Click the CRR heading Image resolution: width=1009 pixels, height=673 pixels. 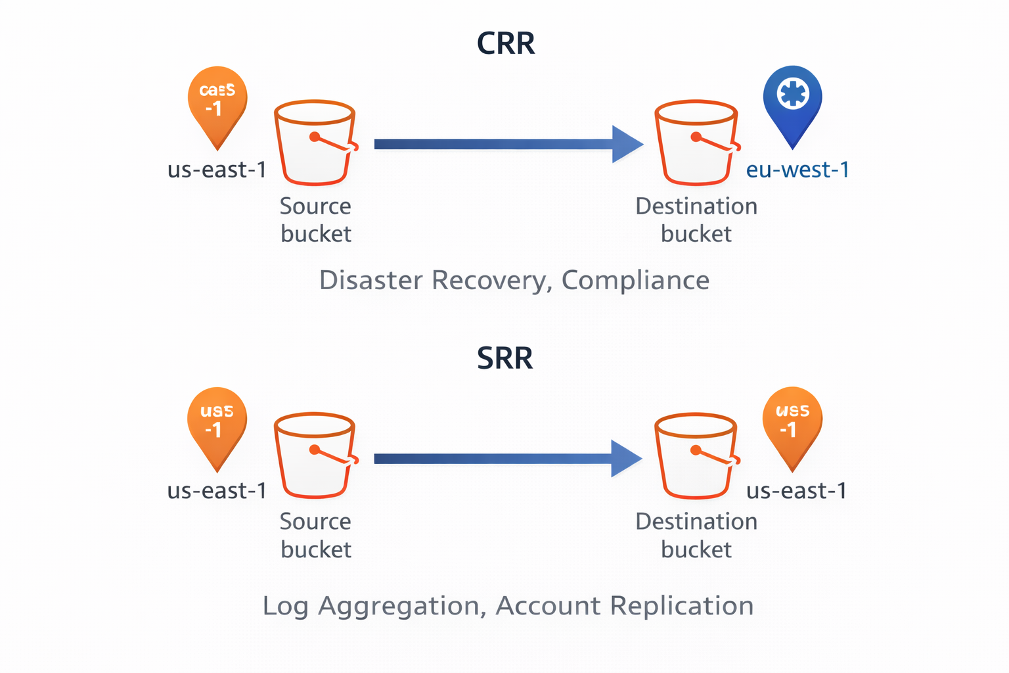coord(505,43)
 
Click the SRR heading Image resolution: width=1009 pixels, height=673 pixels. coord(504,358)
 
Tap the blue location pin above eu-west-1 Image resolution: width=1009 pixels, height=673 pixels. coord(792,99)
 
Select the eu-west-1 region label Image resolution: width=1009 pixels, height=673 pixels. coord(797,170)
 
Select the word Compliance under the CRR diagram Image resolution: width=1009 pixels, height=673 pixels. coord(635,281)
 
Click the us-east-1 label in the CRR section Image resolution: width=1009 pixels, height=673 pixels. coord(217,170)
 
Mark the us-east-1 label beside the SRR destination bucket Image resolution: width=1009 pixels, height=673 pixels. coord(796,491)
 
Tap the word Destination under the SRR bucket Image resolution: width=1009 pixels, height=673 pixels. coord(696,521)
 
